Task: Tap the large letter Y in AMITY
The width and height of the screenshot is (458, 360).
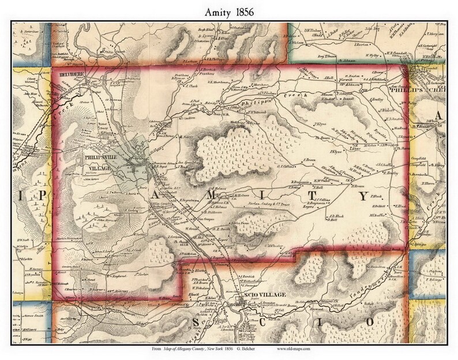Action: click(x=363, y=196)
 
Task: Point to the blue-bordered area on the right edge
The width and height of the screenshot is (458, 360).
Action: click(x=430, y=271)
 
